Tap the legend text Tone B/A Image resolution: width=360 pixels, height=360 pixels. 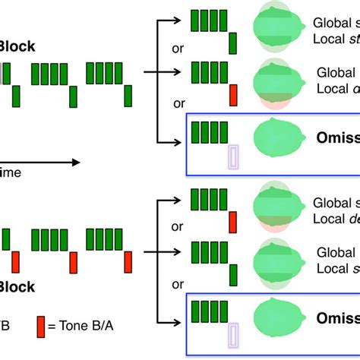click(x=79, y=325)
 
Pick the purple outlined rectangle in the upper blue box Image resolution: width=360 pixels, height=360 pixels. click(x=233, y=157)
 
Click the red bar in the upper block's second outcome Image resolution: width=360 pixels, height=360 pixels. click(x=233, y=94)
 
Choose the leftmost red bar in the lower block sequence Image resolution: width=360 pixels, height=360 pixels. click(x=15, y=262)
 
